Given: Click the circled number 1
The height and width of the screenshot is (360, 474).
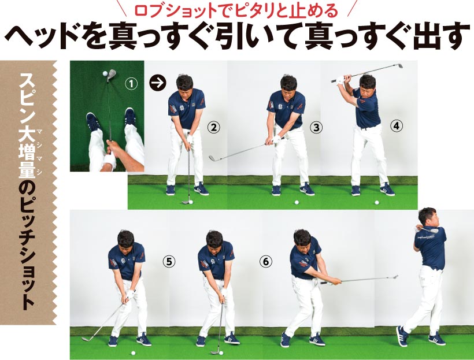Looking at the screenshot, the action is tap(131, 84).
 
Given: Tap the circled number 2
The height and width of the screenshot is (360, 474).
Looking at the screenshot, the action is tap(213, 128).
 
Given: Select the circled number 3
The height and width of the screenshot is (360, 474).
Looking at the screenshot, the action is tap(316, 128).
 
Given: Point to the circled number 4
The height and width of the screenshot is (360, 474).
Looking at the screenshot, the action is tap(397, 126).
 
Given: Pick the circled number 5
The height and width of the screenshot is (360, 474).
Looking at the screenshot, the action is tap(169, 262).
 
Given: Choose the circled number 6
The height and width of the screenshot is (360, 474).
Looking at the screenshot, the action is tap(266, 262).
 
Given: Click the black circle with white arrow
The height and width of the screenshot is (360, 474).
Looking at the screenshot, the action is tap(158, 83).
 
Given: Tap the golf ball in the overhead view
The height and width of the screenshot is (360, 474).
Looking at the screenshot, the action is tap(105, 73).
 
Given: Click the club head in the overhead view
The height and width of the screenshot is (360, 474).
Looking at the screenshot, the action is tap(111, 75).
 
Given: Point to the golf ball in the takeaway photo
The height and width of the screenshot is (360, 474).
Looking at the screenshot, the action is tap(297, 202).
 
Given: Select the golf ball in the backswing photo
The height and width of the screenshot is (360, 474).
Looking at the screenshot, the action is tap(377, 202).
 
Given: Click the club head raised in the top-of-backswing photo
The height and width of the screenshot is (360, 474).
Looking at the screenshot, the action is tap(397, 66).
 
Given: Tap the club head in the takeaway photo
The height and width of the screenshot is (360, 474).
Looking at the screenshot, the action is tap(213, 158).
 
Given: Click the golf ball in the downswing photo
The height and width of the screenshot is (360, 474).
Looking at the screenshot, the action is tap(133, 352).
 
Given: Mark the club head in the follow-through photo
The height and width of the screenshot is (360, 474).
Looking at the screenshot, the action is tap(394, 277).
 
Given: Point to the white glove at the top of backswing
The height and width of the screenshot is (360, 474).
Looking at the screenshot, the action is tap(340, 80).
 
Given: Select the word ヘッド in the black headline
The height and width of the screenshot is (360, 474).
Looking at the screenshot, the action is tap(42, 37).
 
